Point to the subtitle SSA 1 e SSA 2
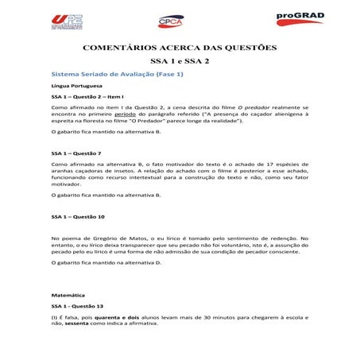[x=180, y=61]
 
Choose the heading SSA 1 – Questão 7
[x=76, y=153]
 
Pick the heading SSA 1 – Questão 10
[x=78, y=216]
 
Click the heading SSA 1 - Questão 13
[x=78, y=305]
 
